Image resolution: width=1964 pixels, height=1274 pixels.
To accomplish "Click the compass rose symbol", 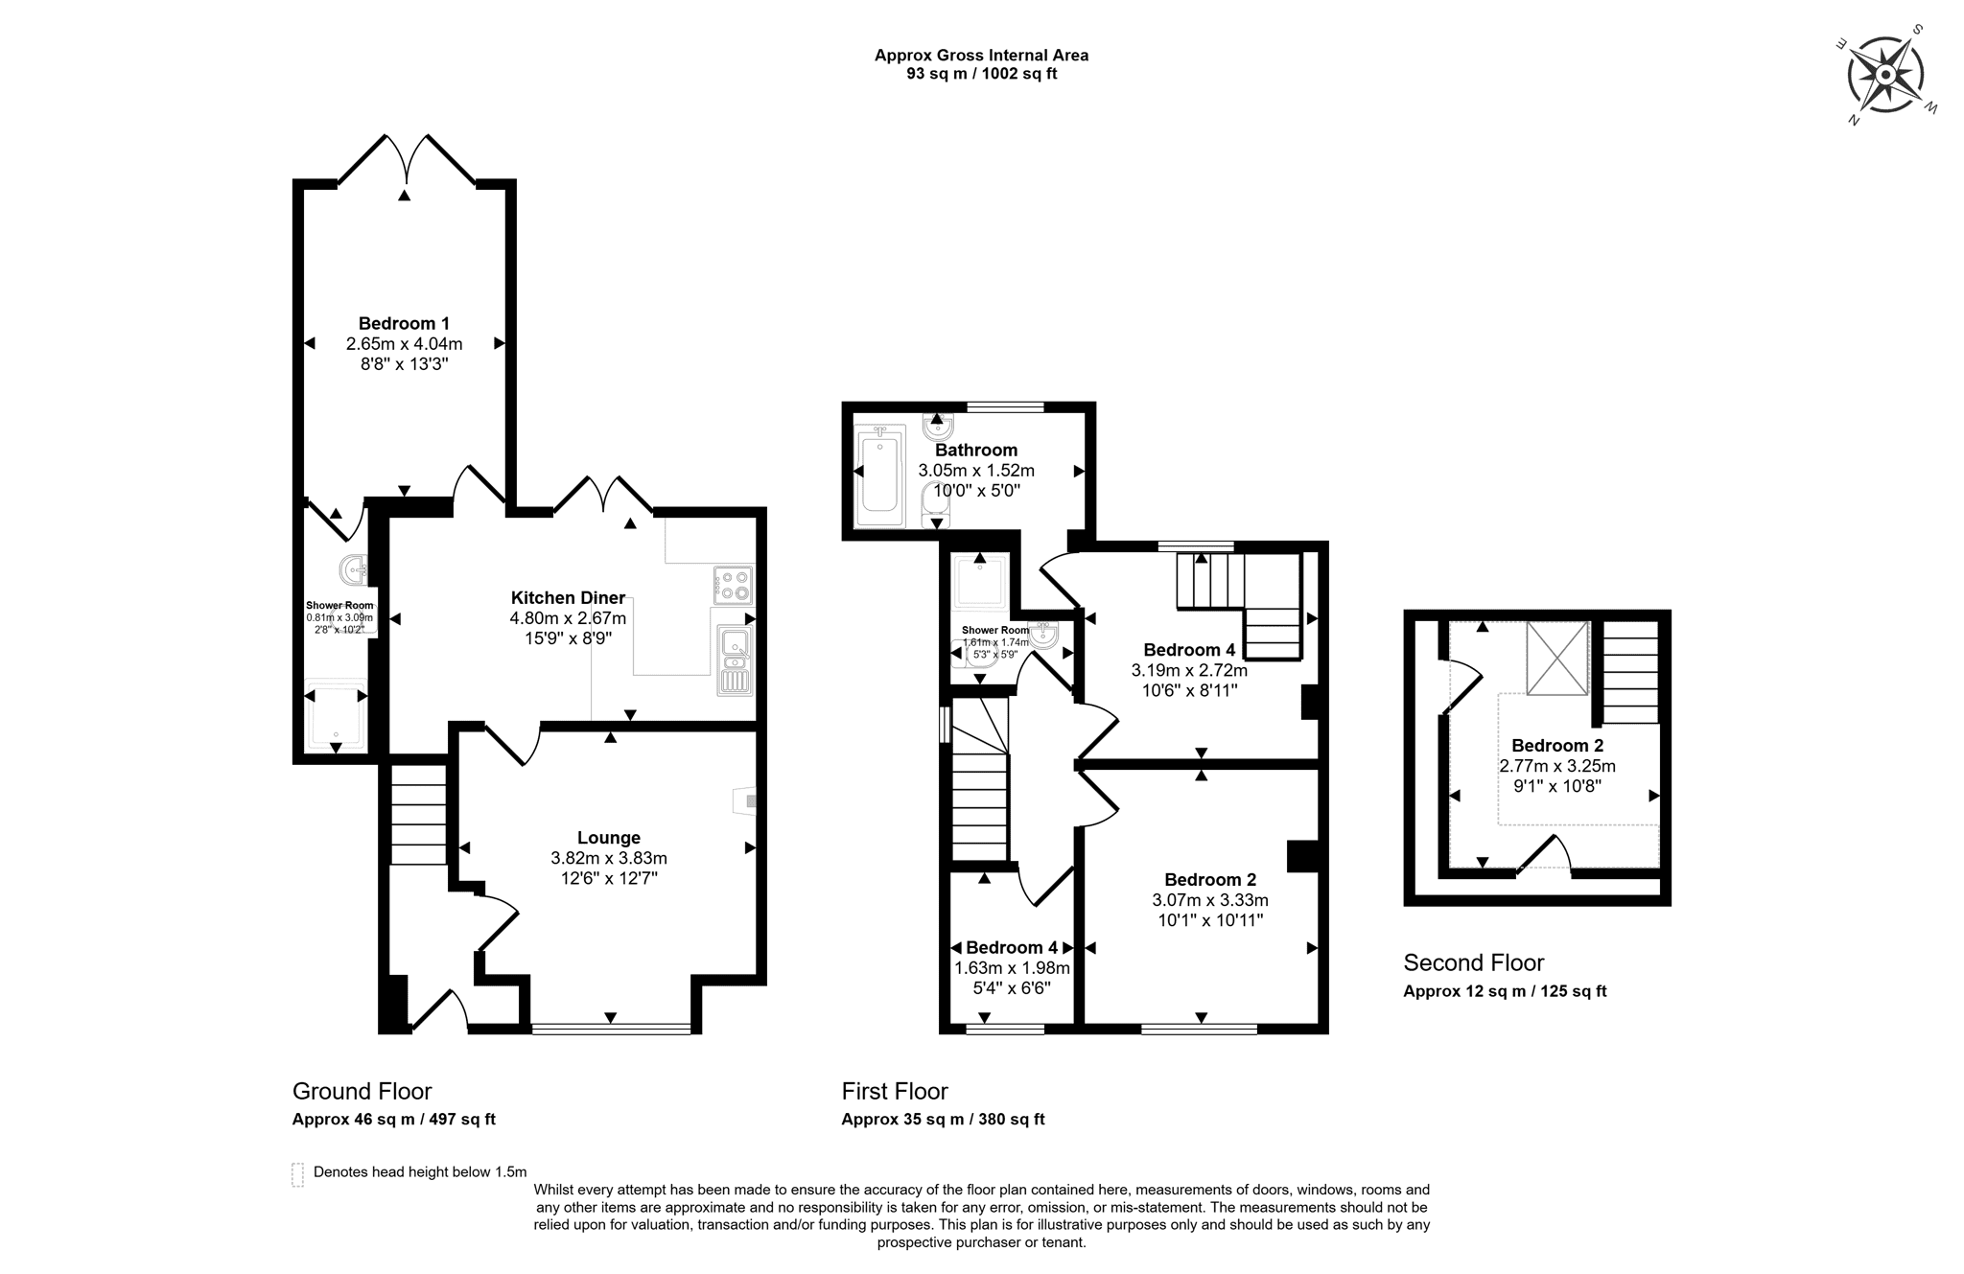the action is coord(1885,75).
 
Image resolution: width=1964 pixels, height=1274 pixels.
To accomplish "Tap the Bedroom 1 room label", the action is coord(404,324).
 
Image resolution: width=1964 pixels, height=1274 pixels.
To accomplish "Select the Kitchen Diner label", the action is coord(568,598).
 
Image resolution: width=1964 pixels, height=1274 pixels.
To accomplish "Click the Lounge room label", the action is coord(609,838).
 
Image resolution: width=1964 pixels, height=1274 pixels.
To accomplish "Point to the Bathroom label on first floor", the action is coord(976,450).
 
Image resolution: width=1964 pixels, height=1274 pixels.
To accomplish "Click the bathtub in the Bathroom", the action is coord(879,475).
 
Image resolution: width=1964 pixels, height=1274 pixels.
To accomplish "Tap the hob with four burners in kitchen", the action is coord(734,585).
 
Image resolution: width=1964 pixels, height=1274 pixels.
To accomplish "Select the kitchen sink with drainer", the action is coord(736,660).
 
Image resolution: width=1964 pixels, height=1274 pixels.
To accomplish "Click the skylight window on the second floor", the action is coord(1557,658).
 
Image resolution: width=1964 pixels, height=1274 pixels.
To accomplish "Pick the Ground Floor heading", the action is coord(362,1091).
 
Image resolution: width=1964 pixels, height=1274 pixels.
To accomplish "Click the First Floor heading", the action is coord(895,1091).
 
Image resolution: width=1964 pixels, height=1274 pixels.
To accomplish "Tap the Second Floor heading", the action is coord(1474,962).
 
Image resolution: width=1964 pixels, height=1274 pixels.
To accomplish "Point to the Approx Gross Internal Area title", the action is coord(981,56).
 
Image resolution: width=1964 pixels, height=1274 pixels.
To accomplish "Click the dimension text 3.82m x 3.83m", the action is coord(609,858).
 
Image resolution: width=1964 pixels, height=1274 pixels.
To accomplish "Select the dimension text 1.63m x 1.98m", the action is coord(1012,968).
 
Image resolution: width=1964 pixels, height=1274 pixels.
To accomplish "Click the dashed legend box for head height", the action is coord(297,1174).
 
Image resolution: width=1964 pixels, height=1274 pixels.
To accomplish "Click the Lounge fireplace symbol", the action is coord(744,800).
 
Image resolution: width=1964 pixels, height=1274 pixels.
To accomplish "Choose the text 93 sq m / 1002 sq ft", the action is coord(981,74).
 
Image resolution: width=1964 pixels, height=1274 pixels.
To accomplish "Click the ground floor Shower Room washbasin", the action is coord(354,569).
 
